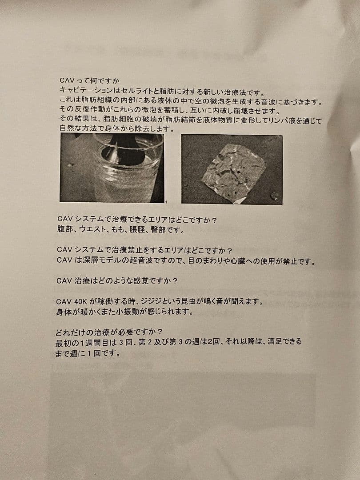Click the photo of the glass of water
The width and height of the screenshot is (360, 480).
[x=112, y=168]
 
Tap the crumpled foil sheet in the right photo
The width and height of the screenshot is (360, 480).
[x=234, y=174]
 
